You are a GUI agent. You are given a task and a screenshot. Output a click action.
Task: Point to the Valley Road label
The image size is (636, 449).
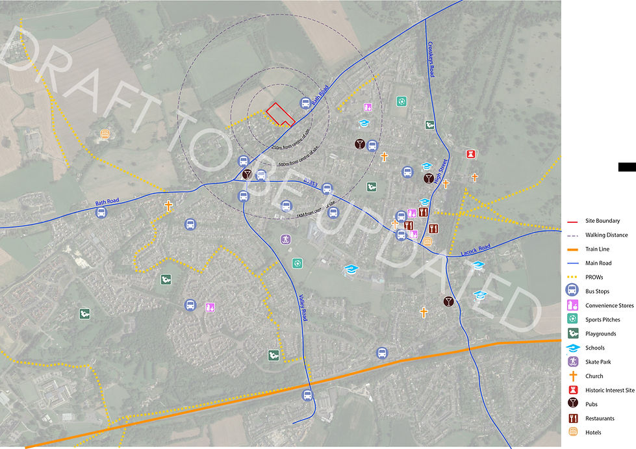click(303, 305)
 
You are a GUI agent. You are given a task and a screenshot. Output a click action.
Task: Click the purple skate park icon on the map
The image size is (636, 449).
click(285, 240)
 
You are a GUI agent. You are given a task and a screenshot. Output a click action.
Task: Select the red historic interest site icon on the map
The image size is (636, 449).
click(472, 153)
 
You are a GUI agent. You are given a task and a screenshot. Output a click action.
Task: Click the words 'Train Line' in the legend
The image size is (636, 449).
click(598, 250)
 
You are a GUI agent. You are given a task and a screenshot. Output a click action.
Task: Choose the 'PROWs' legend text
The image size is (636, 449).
click(594, 277)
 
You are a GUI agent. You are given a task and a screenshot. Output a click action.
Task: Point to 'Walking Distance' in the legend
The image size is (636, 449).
click(607, 235)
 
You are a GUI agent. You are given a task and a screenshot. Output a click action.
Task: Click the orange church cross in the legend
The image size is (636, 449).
click(573, 376)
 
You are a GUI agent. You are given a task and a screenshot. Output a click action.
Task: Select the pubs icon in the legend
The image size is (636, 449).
click(573, 404)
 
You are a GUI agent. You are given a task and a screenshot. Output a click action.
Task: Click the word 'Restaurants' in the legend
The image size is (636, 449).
click(600, 418)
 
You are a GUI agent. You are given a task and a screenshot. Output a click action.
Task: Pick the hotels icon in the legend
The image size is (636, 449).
click(573, 431)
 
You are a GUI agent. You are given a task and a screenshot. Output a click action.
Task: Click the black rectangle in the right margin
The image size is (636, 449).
click(627, 167)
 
